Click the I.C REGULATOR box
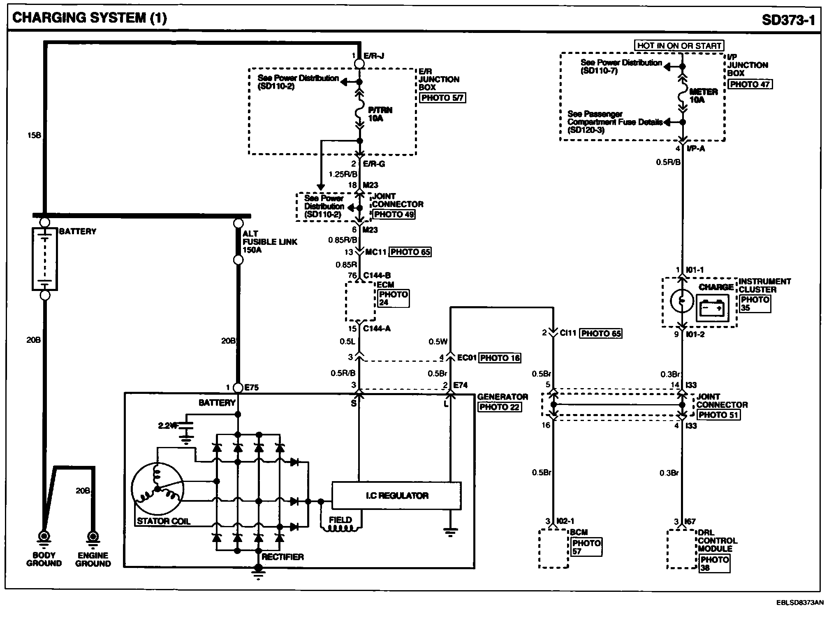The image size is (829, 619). pyautogui.click(x=396, y=496)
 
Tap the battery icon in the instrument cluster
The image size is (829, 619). pyautogui.click(x=712, y=308)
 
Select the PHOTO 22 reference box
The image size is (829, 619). pyautogui.click(x=499, y=407)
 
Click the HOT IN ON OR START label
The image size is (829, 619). pyautogui.click(x=679, y=46)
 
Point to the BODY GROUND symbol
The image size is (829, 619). pyautogui.click(x=44, y=537)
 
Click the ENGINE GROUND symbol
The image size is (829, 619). pyautogui.click(x=93, y=537)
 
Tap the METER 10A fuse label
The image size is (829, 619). pyautogui.click(x=703, y=95)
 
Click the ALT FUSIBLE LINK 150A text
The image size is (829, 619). pyautogui.click(x=269, y=242)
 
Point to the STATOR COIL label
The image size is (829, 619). pyautogui.click(x=163, y=521)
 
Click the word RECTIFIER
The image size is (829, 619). pyautogui.click(x=283, y=557)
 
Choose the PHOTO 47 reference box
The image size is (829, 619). pyautogui.click(x=750, y=84)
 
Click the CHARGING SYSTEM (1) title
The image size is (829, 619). pyautogui.click(x=90, y=18)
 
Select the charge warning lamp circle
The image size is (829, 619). pyautogui.click(x=682, y=301)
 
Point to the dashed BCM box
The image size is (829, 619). pyautogui.click(x=553, y=548)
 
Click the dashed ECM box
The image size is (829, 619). pyautogui.click(x=360, y=301)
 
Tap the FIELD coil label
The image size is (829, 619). pyautogui.click(x=340, y=520)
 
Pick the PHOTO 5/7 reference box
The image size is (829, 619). pyautogui.click(x=442, y=98)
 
